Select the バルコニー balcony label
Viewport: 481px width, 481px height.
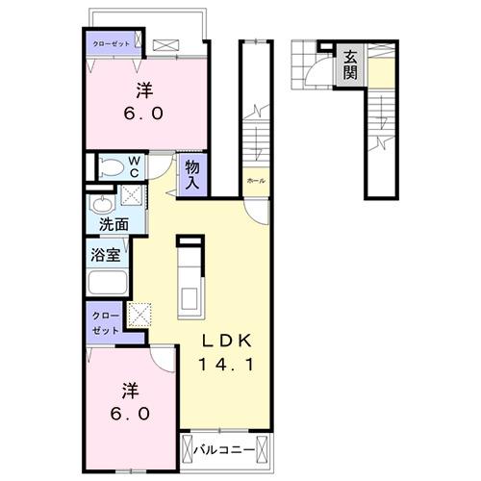225,448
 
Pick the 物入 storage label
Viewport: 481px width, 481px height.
192,174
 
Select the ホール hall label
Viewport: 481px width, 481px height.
255,181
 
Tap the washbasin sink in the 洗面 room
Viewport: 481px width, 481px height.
100,204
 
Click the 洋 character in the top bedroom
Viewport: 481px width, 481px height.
145,90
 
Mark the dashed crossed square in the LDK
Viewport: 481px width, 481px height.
140,315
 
